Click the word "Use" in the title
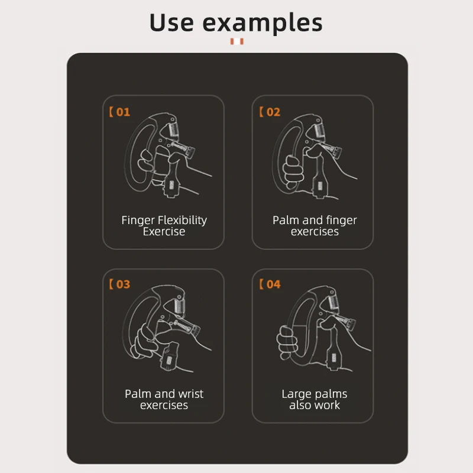pyautogui.click(x=171, y=22)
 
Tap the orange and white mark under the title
pyautogui.click(x=237, y=41)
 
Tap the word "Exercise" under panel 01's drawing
pyautogui.click(x=164, y=232)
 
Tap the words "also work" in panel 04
pyautogui.click(x=315, y=406)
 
